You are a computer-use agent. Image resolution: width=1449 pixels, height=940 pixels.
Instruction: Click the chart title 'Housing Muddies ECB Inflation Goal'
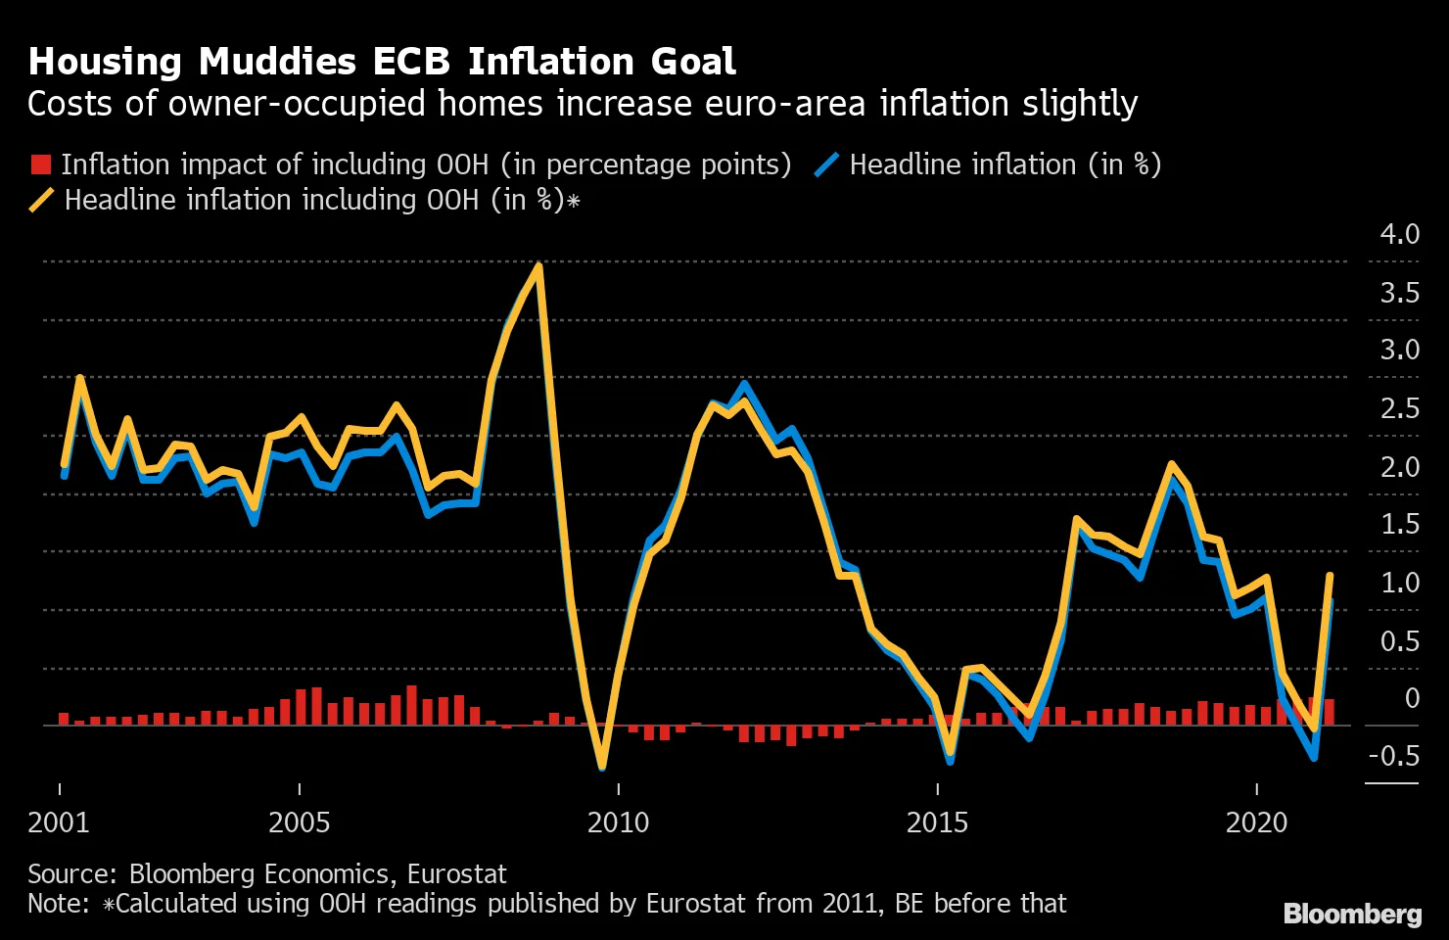point(382,62)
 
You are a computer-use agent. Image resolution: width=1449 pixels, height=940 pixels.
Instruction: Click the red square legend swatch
point(40,164)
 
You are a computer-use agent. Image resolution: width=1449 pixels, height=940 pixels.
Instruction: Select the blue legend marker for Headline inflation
point(827,164)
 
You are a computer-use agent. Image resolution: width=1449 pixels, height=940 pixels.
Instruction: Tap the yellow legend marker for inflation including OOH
point(42,201)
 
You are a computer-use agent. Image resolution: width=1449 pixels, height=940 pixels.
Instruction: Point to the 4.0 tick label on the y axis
point(1399,234)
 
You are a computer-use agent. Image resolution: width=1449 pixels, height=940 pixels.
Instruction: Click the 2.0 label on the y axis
point(1399,467)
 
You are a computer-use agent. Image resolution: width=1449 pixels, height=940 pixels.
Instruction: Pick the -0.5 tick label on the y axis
point(1394,755)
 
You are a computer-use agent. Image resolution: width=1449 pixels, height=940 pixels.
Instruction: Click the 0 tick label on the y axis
point(1412,698)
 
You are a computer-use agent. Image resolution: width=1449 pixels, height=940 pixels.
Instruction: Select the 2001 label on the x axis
point(59,822)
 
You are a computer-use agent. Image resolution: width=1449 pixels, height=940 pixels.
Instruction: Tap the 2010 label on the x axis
point(618,822)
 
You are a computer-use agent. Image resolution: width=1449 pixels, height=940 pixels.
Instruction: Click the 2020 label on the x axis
point(1256,822)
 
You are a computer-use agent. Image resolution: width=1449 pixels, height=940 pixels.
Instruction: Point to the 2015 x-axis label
point(937,822)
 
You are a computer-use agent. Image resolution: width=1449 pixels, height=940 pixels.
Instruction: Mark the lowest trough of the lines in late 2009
point(601,767)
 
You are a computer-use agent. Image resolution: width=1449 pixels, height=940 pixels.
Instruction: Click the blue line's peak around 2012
point(744,384)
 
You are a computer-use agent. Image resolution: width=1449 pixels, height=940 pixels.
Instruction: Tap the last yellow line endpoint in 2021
point(1330,576)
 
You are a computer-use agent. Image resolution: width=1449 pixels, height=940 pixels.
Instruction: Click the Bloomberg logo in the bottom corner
point(1352,914)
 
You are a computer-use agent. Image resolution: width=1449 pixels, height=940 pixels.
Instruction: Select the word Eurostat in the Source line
point(456,873)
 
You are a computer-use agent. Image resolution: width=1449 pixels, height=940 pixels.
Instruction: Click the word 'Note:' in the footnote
point(59,903)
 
